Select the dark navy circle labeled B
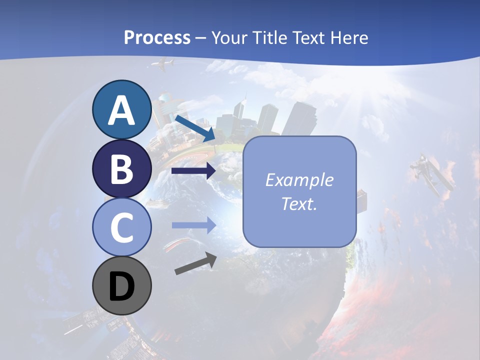point(122,169)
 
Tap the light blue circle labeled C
point(122,227)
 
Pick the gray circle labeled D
point(122,286)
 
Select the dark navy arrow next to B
point(193,171)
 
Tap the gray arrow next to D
point(195,263)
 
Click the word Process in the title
point(157,38)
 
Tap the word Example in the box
point(299,180)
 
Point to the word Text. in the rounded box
point(299,203)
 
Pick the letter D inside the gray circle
point(122,287)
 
